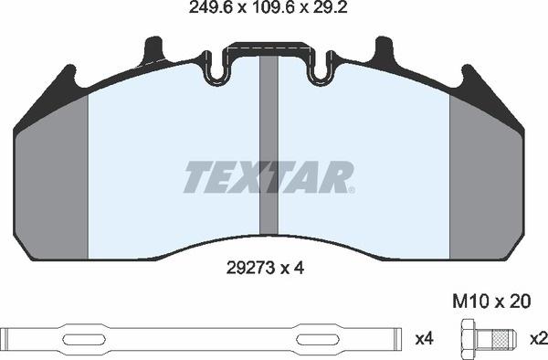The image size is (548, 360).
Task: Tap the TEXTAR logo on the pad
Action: click(x=268, y=177)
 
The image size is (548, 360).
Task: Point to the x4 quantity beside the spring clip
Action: click(x=422, y=338)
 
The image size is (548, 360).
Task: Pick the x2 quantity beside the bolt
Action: click(x=539, y=338)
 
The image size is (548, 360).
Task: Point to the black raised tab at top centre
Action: click(x=268, y=48)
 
